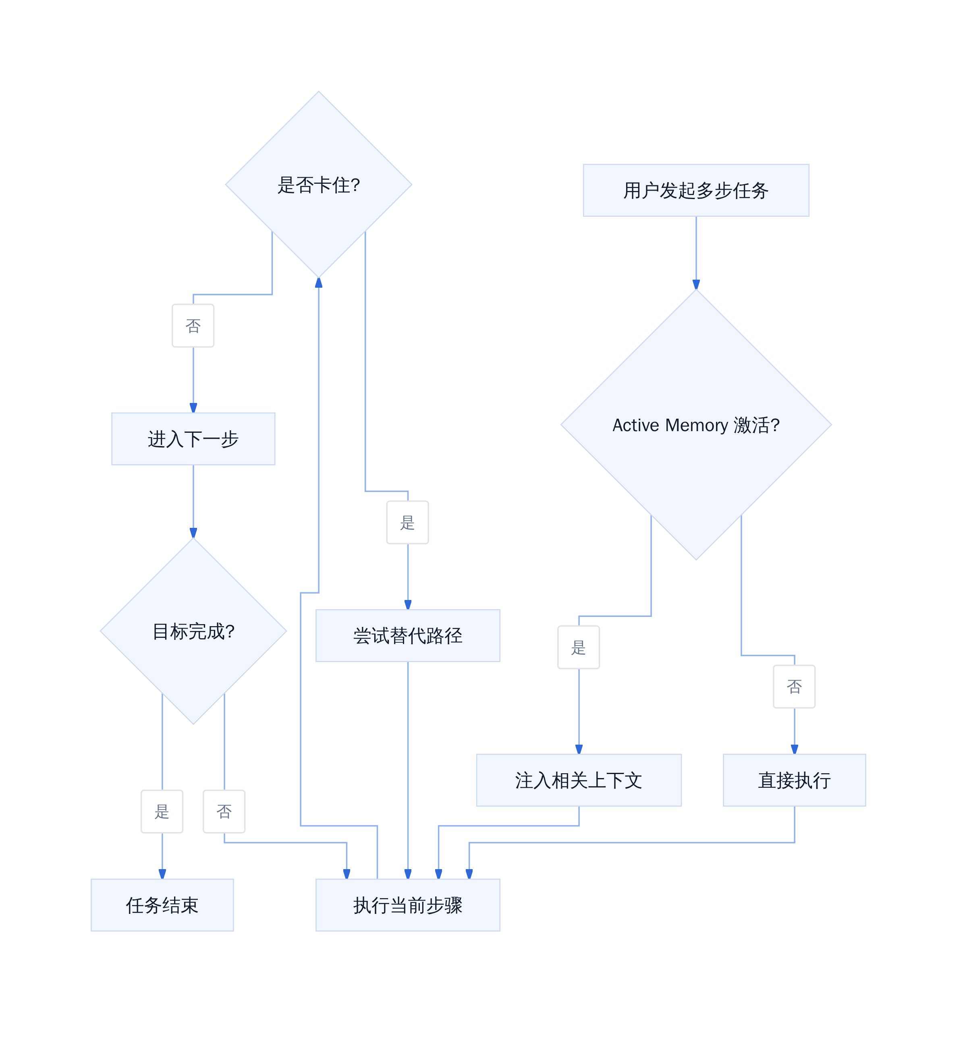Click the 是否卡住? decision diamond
tap(319, 185)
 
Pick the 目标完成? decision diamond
tap(193, 631)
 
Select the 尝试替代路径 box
tap(408, 635)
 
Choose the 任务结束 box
tap(162, 905)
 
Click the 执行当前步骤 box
tap(408, 905)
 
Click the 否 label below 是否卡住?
tap(193, 326)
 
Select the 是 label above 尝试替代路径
tap(408, 522)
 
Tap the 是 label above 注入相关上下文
tap(579, 648)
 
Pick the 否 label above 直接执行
tap(794, 687)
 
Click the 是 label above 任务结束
tap(162, 811)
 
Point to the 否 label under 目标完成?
tap(224, 811)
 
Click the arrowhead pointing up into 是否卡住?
tap(319, 282)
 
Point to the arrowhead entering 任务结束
tap(162, 874)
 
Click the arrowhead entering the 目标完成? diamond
tap(193, 533)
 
